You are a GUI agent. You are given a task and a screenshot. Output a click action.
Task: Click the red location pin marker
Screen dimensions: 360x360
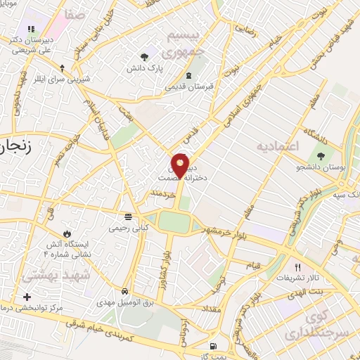pos(180,166)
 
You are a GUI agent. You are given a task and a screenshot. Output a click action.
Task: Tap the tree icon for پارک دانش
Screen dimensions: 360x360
pos(144,56)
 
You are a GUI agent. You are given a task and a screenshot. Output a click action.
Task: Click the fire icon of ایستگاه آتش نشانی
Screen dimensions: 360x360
pos(67,233)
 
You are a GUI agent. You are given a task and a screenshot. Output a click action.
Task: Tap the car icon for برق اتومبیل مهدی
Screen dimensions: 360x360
pos(124,291)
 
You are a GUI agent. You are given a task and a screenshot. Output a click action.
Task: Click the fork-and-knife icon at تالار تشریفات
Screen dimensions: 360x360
pos(297,268)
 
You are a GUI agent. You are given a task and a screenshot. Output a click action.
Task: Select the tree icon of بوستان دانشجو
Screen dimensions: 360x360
pos(321,156)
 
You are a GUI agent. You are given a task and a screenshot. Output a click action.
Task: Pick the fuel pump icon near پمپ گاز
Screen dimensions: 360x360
pos(213,347)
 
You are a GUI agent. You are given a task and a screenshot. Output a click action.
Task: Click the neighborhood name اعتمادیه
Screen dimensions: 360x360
pos(278,146)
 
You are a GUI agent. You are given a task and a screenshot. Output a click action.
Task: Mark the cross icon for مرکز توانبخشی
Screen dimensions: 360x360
pos(27,297)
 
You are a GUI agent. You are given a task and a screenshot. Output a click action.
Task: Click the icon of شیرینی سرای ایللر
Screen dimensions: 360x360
pos(63,69)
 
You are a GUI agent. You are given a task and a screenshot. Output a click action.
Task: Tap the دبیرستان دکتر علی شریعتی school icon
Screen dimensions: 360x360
pos(31,30)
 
